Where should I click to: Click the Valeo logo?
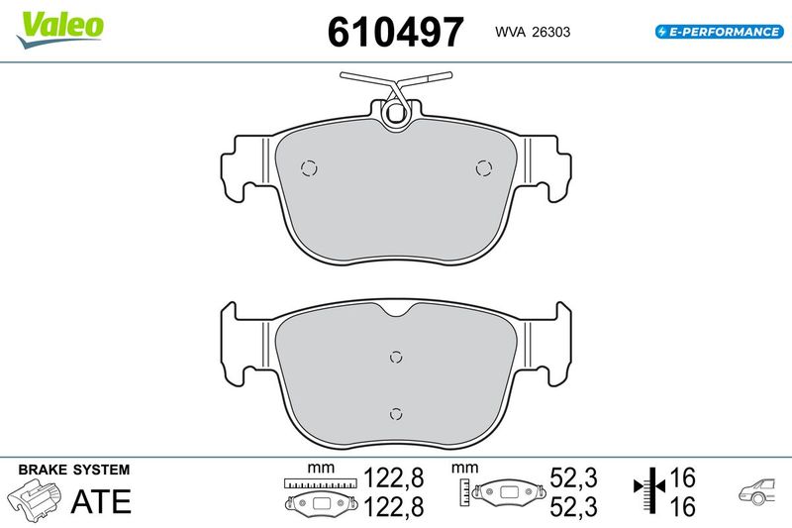tap(59, 30)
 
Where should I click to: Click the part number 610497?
tap(395, 32)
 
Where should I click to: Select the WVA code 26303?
tap(551, 32)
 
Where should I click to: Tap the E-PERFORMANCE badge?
tap(720, 32)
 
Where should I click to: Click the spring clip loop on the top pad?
tap(395, 114)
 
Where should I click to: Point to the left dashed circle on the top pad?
tap(309, 168)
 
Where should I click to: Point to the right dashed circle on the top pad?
tap(484, 168)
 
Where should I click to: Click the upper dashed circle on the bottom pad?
tap(397, 358)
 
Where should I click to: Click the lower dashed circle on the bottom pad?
tap(397, 414)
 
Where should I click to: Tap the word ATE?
tap(101, 501)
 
